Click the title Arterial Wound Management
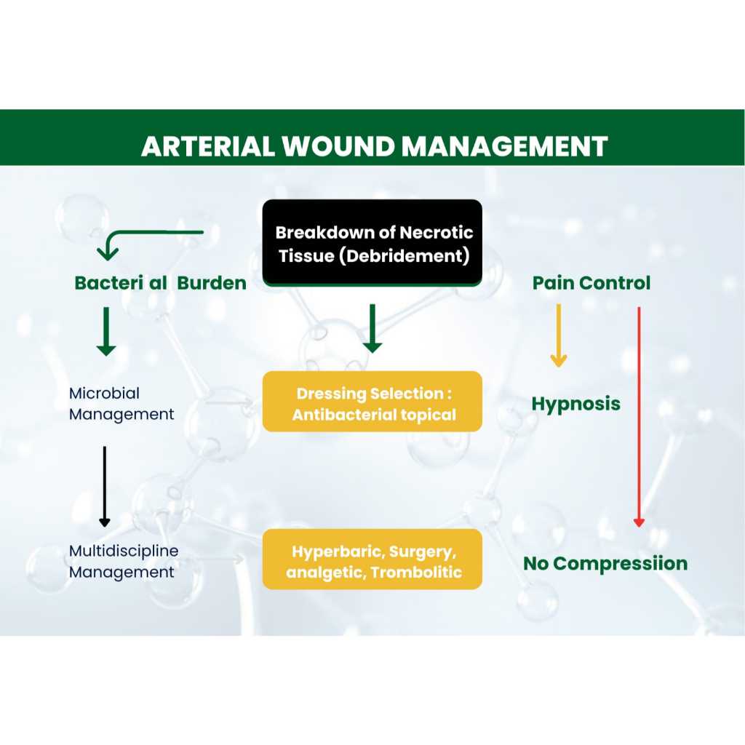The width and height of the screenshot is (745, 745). tap(375, 146)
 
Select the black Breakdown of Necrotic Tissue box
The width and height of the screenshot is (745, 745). tap(372, 242)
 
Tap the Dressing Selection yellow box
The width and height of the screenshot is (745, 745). tap(372, 402)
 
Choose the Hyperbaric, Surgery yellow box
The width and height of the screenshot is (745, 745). tap(372, 559)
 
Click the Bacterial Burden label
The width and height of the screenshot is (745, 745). tap(161, 283)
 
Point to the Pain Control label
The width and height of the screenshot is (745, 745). tap(591, 283)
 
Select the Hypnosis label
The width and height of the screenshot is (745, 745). tap(576, 405)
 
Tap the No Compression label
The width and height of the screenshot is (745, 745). tap(605, 564)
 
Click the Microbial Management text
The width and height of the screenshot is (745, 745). tap(121, 404)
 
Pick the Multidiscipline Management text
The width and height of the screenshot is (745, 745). tap(124, 562)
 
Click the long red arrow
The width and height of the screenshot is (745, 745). tap(639, 417)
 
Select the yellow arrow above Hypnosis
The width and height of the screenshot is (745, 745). tap(559, 335)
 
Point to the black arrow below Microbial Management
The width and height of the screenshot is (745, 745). tap(105, 487)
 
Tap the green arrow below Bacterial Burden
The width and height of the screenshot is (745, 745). tap(106, 331)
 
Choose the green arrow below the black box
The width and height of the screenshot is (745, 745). tap(372, 328)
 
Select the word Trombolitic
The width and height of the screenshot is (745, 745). tap(416, 572)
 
